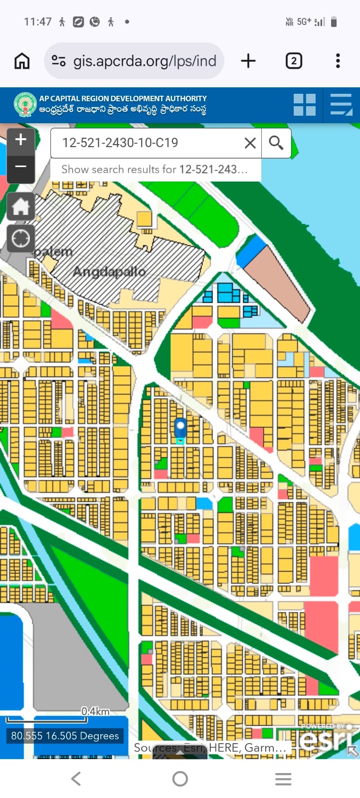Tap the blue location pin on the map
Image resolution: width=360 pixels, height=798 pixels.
coord(180,428)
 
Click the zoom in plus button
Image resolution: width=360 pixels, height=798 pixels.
coord(21,140)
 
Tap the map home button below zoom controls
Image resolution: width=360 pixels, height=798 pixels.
coord(21,206)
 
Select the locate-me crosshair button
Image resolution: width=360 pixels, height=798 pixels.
coord(21,239)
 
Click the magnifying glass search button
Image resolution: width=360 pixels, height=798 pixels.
coord(276,143)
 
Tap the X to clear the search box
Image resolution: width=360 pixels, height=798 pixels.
coord(250,143)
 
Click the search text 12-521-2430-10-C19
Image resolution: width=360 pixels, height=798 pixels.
coord(120,143)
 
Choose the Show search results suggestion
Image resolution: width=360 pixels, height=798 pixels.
coord(155,170)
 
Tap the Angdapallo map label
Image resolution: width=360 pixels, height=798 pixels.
coord(109,272)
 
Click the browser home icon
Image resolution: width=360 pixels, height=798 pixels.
coord(22,61)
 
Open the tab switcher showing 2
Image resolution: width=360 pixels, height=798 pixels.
coord(294,61)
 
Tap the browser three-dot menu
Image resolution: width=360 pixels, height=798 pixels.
coord(338,61)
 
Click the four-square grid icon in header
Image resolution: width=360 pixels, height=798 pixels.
coord(304,105)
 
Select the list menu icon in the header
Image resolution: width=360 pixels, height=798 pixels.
coord(341,105)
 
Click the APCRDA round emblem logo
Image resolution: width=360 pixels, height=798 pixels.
coord(24,105)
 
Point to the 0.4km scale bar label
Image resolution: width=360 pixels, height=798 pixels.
coord(95,711)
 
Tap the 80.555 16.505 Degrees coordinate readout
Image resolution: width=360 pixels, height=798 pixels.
coord(65,736)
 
